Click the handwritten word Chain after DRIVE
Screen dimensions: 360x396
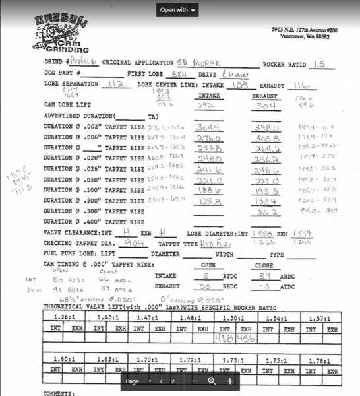point(235,74)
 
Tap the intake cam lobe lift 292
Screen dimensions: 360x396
point(206,105)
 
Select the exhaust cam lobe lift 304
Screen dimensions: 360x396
point(264,105)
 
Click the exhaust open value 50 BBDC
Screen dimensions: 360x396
point(206,287)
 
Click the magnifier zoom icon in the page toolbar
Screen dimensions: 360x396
point(212,381)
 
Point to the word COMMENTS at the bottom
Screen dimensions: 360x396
point(59,393)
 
